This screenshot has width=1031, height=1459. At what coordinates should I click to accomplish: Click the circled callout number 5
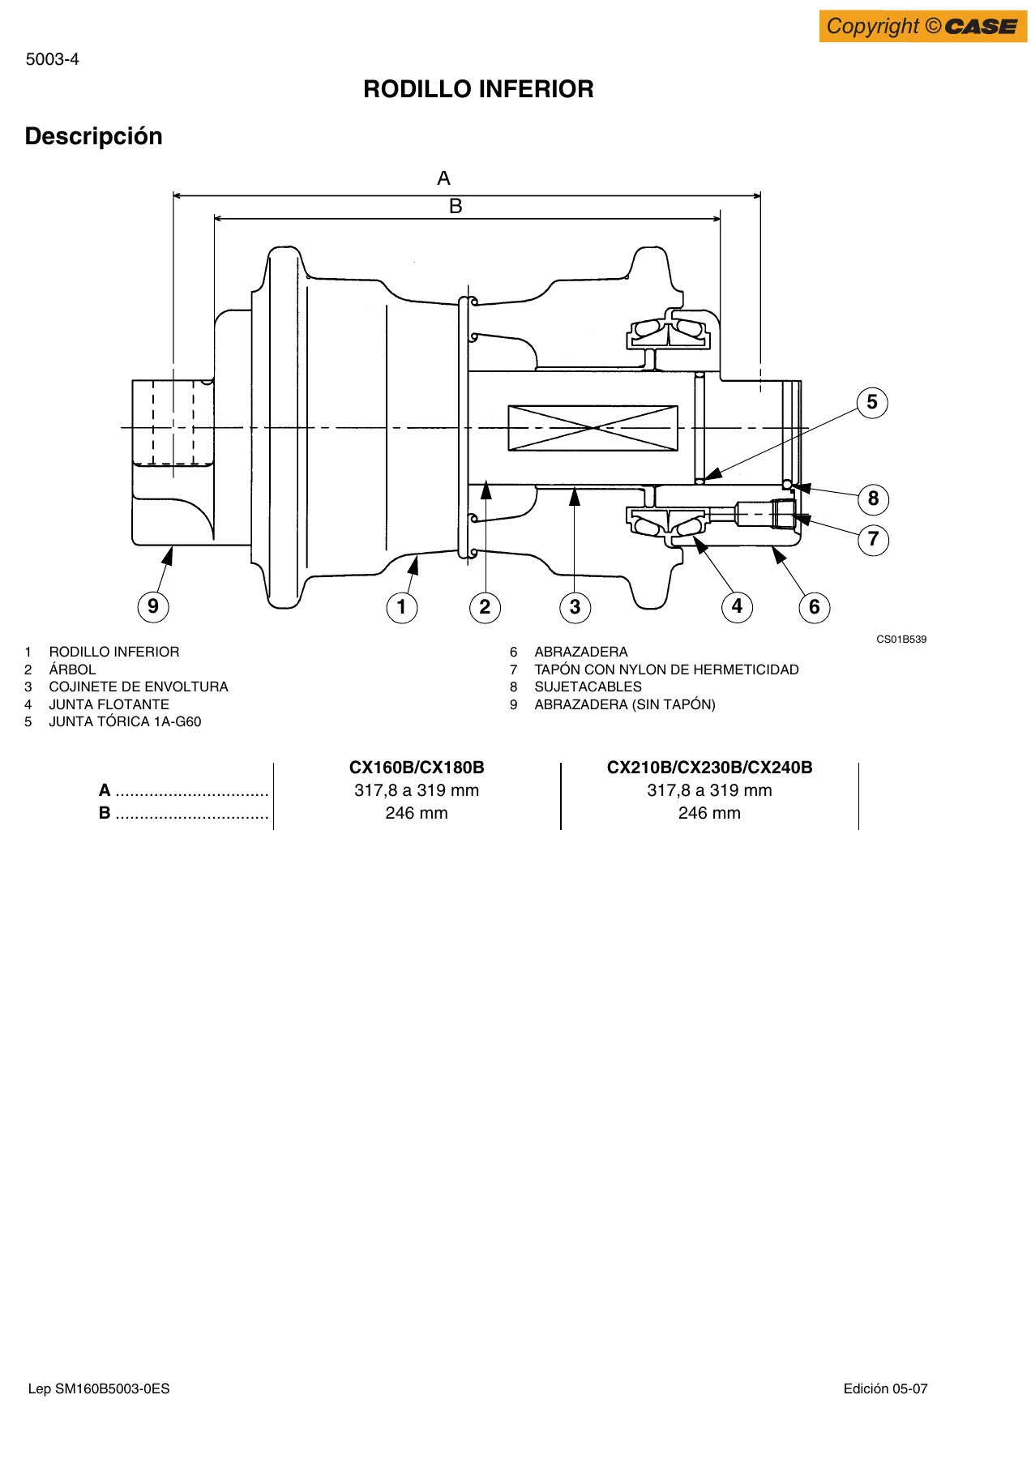872,402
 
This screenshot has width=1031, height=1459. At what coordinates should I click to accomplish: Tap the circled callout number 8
873,498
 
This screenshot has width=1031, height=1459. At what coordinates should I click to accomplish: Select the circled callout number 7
873,539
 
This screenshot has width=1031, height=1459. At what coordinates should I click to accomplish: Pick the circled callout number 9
153,606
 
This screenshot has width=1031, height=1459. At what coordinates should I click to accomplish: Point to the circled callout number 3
575,607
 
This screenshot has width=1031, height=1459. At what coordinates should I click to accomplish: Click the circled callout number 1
401,607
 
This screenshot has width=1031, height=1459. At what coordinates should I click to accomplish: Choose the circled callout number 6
815,607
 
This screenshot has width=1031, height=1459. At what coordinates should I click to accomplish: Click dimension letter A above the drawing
443,178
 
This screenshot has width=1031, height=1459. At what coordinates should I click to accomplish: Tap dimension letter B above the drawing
456,207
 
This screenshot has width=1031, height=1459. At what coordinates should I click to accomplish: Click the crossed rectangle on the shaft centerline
593,428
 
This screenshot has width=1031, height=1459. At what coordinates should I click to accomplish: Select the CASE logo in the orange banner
982,27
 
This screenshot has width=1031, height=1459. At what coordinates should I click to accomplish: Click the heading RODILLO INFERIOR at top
478,89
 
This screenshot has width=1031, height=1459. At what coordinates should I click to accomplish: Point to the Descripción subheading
94,136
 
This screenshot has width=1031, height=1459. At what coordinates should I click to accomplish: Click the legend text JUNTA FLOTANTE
109,704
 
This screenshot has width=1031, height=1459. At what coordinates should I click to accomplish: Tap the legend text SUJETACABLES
588,687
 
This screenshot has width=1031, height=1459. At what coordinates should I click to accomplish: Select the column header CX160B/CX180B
417,768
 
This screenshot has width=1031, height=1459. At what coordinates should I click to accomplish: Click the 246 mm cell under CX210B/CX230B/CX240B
709,813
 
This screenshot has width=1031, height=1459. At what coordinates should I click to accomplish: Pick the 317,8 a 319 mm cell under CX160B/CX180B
417,790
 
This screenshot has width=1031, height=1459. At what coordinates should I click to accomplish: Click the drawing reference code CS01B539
901,640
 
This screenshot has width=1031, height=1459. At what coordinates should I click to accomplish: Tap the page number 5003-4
53,59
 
